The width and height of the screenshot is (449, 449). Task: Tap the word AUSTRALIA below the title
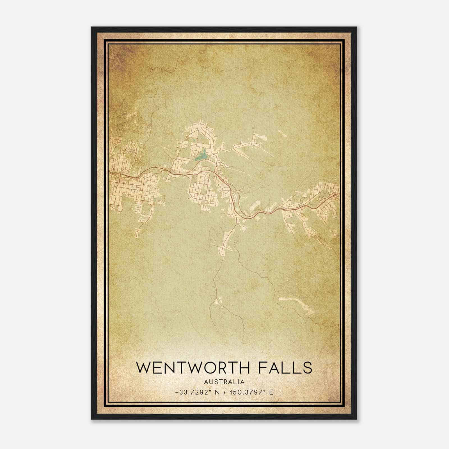tap(224, 382)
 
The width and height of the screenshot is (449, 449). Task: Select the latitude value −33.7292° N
tap(196, 392)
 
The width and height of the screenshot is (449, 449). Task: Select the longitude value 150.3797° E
tap(251, 392)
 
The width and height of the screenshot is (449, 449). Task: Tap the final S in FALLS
tap(307, 367)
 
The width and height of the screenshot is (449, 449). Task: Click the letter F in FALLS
tap(262, 367)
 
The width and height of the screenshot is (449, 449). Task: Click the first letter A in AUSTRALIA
tap(207, 382)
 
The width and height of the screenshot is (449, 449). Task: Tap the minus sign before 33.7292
tap(177, 392)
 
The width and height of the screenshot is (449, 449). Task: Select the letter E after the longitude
tap(271, 392)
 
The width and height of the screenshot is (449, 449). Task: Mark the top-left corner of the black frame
tap(91, 27)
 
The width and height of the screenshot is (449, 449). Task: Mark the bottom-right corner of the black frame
tap(356, 419)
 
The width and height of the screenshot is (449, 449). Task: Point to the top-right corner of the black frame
tap(356, 27)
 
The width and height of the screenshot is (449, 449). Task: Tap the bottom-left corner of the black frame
tap(91, 419)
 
